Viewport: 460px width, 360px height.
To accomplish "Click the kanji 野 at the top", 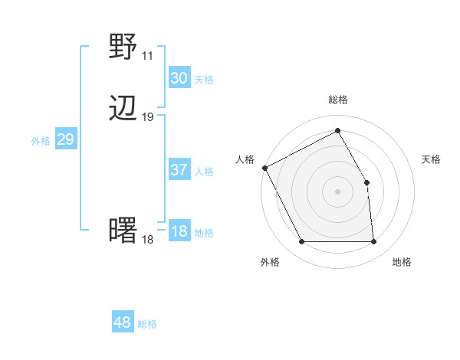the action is [123, 47].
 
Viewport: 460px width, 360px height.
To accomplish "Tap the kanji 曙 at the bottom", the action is [123, 231].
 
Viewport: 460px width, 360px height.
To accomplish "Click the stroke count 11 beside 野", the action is [147, 56].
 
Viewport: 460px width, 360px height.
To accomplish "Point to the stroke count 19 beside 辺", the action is [147, 117].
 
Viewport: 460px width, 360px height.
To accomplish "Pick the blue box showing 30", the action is [179, 78].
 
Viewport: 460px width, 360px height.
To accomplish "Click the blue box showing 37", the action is [179, 170].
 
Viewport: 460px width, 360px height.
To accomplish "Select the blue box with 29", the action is [65, 139].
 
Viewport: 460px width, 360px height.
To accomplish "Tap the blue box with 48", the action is [122, 322].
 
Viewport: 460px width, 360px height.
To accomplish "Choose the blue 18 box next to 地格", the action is [179, 231].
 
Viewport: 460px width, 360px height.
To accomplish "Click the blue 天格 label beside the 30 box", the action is [204, 80].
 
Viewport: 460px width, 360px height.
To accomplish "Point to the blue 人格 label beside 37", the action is [204, 172].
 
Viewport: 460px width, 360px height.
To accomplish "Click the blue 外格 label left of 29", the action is [41, 141].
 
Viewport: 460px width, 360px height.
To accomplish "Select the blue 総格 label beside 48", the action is [147, 324].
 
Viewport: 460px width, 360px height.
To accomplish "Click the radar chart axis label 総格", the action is [338, 100].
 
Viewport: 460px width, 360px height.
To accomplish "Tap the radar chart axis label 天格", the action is [431, 159].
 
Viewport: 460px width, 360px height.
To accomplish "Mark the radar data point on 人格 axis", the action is [264, 167].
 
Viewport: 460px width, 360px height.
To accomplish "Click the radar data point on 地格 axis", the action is [374, 242].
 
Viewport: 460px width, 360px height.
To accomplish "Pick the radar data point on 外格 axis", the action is [302, 242].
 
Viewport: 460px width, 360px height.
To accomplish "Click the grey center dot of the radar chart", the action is [338, 191].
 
